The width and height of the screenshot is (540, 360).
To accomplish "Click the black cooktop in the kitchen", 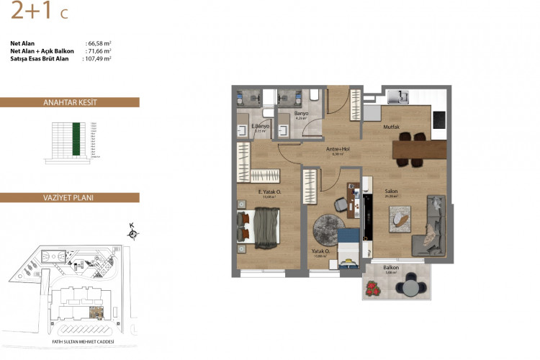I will tap(438, 122).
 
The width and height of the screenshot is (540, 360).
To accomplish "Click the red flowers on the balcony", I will tap(373, 288).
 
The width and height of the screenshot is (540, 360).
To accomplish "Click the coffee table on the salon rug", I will tap(400, 218).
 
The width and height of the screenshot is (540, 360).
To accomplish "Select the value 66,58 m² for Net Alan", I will tap(98, 43).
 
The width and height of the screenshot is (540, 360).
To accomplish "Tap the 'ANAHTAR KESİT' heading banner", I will tap(70, 102).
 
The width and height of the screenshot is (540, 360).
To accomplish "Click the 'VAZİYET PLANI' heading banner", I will tap(70, 197).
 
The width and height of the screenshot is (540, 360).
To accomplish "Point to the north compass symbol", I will tap(132, 232).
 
